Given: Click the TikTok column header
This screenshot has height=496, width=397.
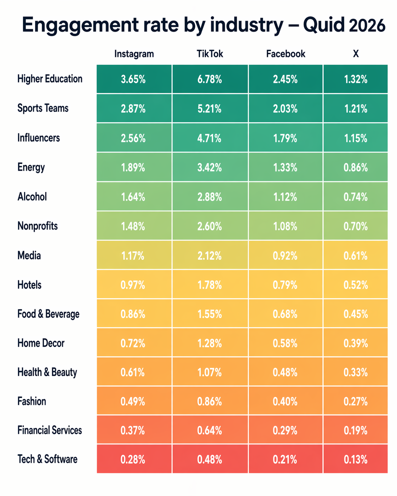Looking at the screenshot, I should (210, 54).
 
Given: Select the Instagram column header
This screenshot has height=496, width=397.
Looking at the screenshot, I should (134, 54).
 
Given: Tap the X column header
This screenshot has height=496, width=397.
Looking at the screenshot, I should (356, 54).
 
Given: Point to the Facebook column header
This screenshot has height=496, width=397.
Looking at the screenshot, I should (286, 54).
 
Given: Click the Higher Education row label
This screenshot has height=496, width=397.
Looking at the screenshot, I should (50, 79).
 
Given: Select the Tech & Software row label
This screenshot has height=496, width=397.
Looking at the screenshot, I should (47, 459).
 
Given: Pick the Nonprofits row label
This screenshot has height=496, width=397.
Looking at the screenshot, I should (38, 226).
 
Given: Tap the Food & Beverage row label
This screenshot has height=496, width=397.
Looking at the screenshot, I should (48, 314).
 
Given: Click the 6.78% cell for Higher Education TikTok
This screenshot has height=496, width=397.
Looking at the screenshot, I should (210, 80).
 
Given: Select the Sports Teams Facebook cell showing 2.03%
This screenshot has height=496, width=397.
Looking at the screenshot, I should (285, 109).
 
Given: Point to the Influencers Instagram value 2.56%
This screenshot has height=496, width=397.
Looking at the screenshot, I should (133, 138).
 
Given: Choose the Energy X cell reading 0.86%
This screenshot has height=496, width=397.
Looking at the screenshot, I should (356, 168).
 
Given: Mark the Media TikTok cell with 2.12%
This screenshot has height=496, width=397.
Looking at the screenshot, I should (210, 256).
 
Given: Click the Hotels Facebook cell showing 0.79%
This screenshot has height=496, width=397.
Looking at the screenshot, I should (285, 285).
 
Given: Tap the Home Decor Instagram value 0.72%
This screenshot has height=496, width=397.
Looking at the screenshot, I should (133, 343).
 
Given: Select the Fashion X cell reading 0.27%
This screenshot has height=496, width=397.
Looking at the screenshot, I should (356, 402).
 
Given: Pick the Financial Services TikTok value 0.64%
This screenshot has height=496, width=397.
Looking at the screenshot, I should (210, 431).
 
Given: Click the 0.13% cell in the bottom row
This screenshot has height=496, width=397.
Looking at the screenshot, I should (356, 460).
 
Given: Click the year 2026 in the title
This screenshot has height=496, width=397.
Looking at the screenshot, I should (367, 25).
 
